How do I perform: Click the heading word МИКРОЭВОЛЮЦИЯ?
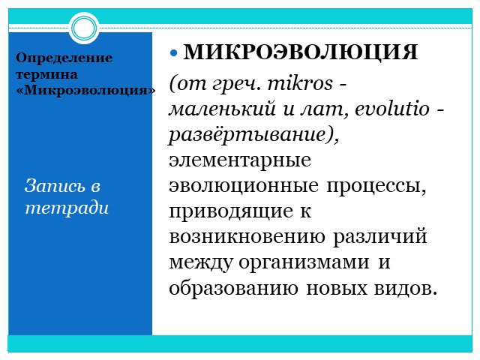point(300,52)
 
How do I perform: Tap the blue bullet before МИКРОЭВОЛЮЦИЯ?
point(173,53)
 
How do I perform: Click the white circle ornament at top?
point(84,28)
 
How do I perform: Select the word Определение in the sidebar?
point(64,58)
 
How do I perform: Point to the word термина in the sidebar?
point(46,74)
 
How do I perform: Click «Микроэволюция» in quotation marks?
point(85,91)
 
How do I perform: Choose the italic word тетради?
point(67,208)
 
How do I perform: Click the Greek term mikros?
point(300,83)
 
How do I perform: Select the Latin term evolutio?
point(392,109)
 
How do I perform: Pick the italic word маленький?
point(222,109)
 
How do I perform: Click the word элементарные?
point(240,160)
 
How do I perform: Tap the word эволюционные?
point(244,186)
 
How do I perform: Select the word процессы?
point(376,187)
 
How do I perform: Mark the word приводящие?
point(231,211)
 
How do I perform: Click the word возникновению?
point(247,237)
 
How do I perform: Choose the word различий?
point(380,238)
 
